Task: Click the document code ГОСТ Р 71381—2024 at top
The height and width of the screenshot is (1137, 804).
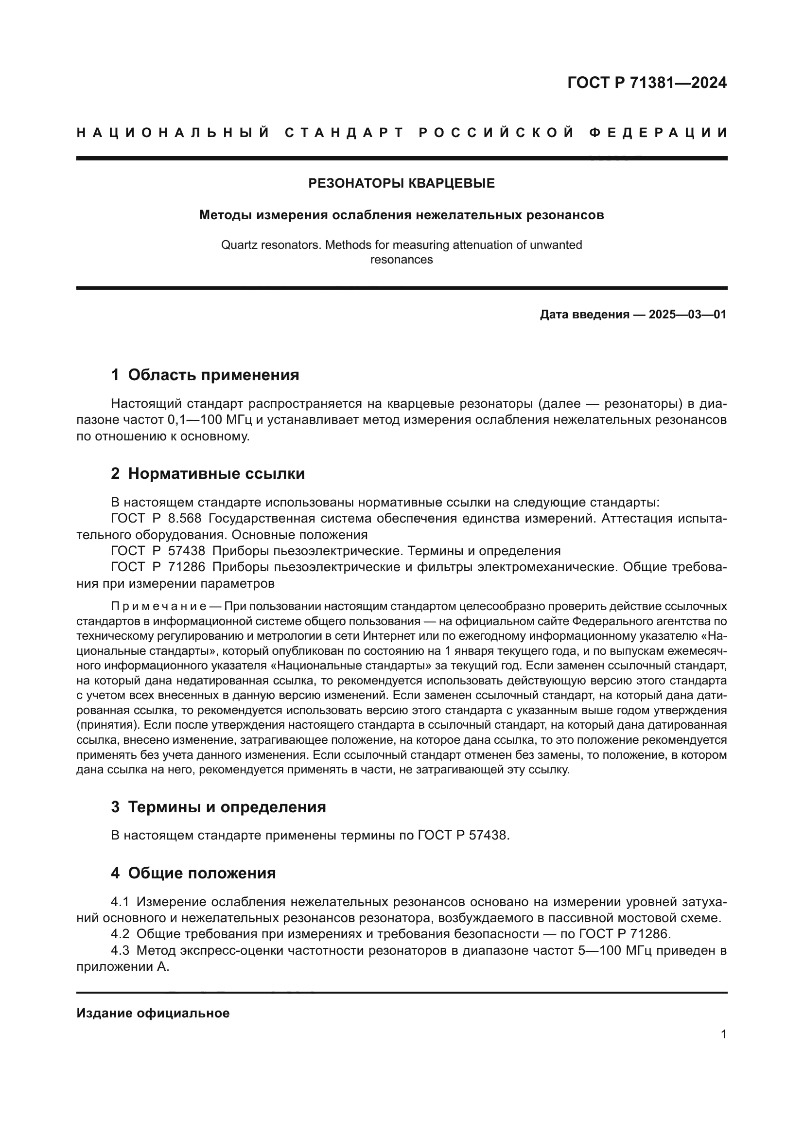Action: coord(647,83)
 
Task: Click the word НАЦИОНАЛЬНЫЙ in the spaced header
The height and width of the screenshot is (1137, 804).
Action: coord(173,133)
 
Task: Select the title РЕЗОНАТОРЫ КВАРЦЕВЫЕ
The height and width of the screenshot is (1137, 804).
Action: coord(402,183)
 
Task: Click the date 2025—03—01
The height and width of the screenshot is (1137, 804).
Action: coord(687,315)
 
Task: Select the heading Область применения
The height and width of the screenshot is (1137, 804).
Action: coord(213,375)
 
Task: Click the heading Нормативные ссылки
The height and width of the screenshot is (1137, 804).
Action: coord(216,473)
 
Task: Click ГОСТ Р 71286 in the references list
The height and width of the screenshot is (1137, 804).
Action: coord(158,566)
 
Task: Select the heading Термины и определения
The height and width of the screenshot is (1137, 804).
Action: coord(227,807)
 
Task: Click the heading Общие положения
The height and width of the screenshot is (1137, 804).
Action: coord(202,873)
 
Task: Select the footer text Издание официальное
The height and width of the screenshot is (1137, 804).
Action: coord(153,1013)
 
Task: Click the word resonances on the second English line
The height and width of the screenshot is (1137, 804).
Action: coord(402,260)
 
